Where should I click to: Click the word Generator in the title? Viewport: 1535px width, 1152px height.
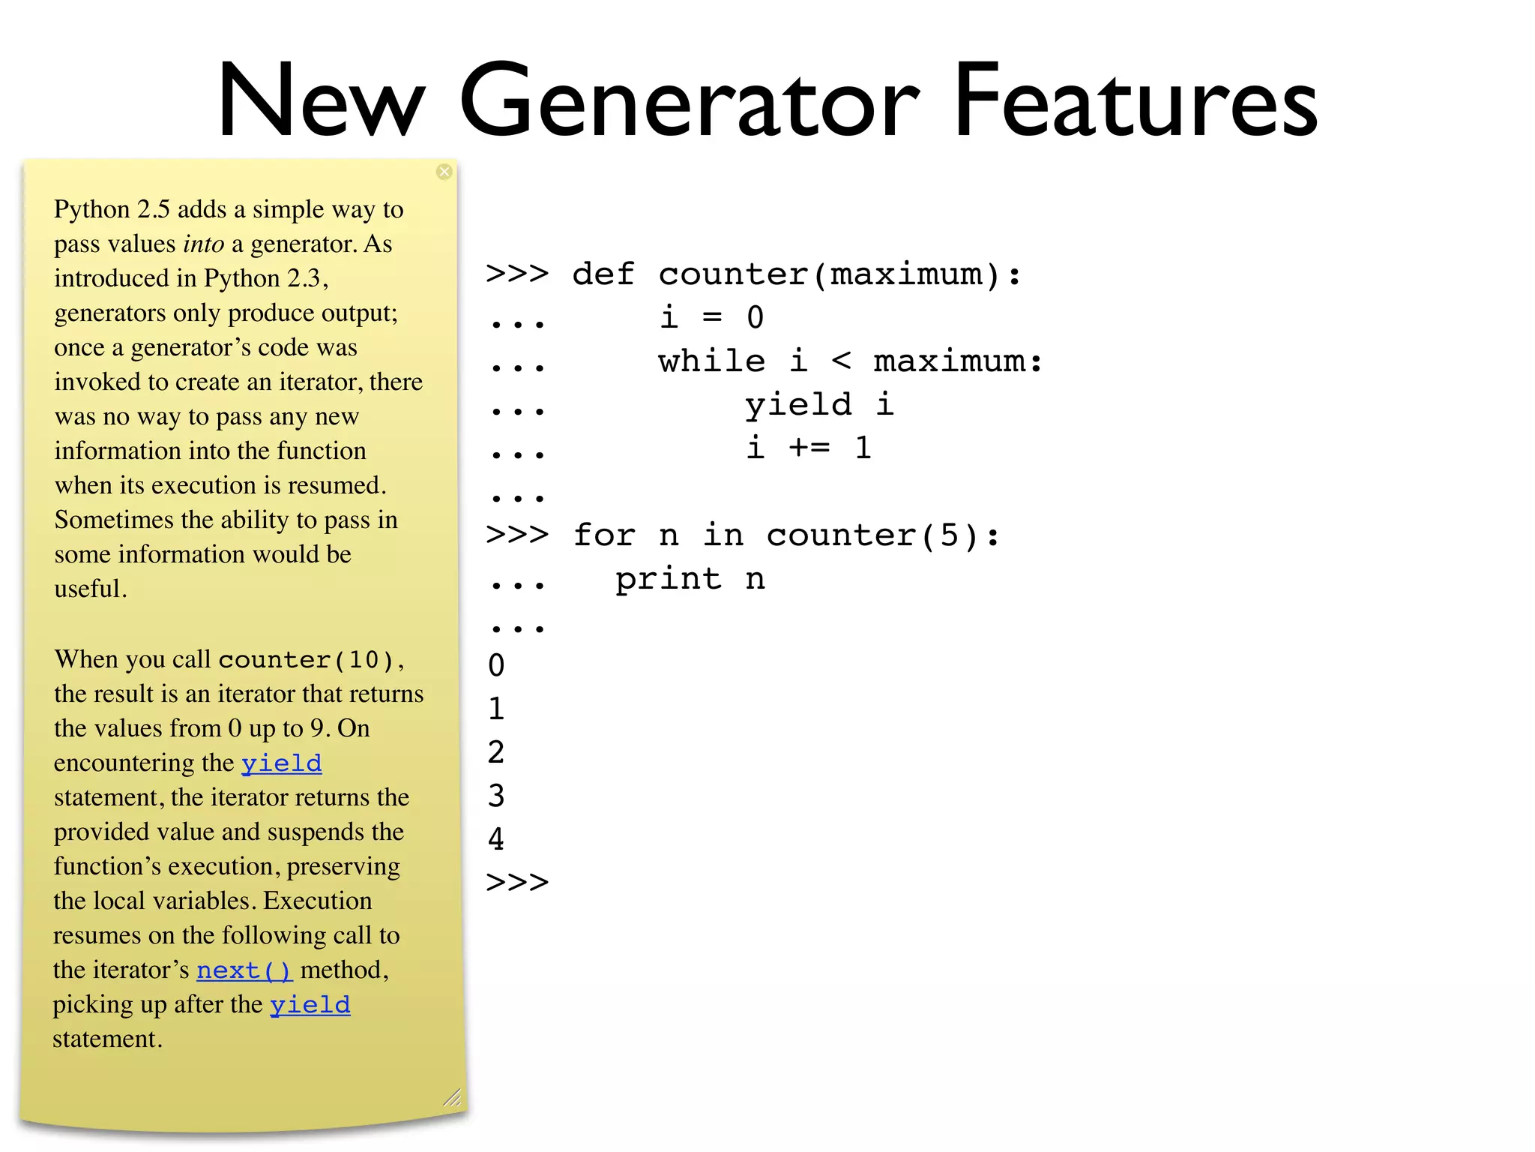point(688,101)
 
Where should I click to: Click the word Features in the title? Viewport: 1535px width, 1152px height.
point(1135,101)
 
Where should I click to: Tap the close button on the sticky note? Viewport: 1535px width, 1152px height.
point(444,172)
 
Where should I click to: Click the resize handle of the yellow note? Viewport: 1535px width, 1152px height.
point(452,1098)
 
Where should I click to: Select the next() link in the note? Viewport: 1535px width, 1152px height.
point(244,970)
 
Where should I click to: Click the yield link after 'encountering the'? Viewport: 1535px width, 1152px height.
point(281,763)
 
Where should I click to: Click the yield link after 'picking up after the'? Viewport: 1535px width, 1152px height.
point(310,1005)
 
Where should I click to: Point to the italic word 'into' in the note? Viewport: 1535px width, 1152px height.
point(203,244)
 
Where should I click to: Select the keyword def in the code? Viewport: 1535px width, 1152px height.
point(603,274)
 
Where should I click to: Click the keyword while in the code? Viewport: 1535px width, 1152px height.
point(711,361)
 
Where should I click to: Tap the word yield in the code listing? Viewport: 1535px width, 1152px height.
point(798,405)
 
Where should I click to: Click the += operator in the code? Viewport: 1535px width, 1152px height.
point(809,448)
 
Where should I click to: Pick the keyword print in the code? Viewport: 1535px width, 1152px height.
point(668,579)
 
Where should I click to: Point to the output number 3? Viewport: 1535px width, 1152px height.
point(496,796)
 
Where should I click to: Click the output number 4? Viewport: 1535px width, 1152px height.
point(496,839)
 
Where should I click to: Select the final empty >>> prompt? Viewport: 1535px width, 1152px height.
point(517,882)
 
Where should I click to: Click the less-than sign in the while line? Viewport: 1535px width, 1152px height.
point(841,361)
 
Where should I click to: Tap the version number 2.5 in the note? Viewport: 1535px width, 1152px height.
point(154,210)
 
